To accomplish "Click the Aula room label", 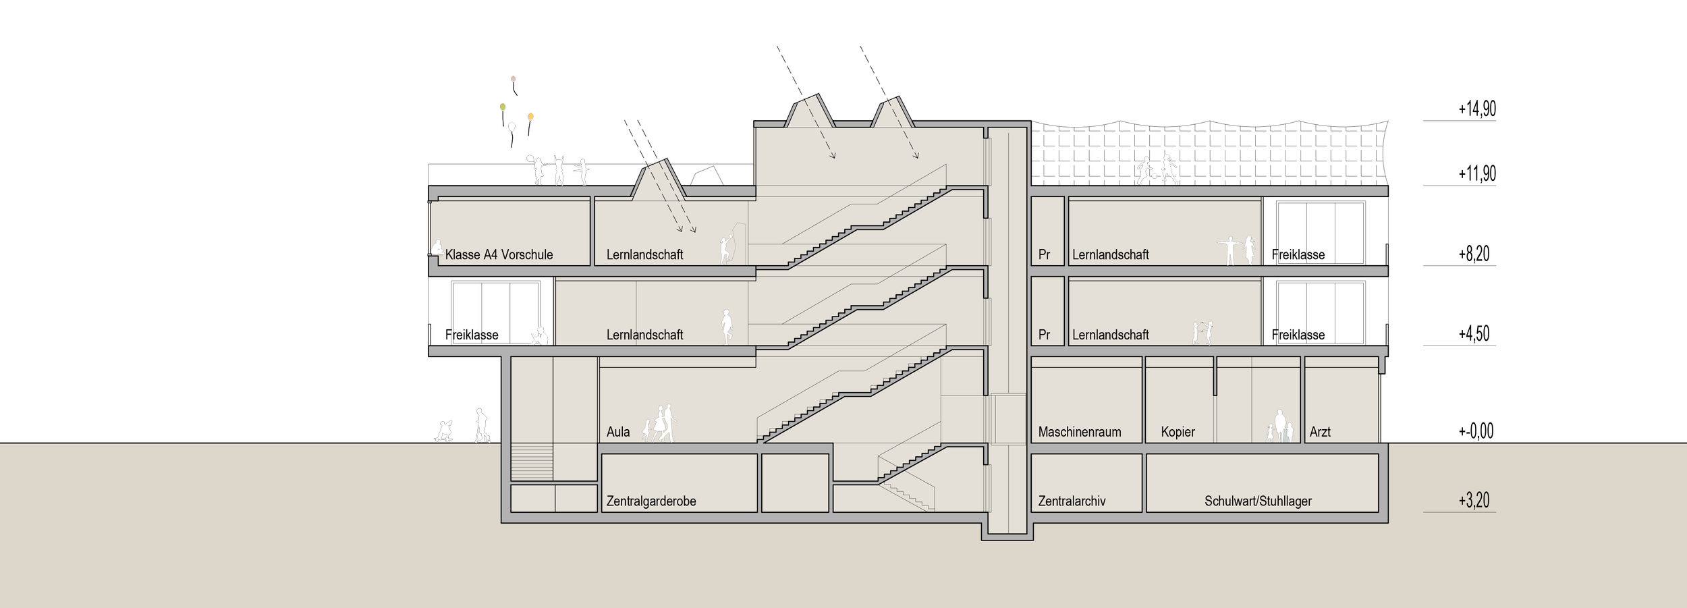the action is click(x=617, y=432).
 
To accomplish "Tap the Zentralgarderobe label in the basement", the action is click(x=651, y=501).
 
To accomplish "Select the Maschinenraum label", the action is click(x=1079, y=432).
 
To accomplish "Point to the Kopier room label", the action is click(x=1178, y=432).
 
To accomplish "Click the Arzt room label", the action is click(x=1319, y=432).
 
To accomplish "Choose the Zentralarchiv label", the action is click(x=1072, y=501).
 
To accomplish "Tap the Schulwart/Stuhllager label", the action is click(x=1258, y=501).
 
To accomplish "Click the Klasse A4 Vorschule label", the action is click(x=499, y=255).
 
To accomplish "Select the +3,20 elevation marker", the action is click(x=1473, y=501).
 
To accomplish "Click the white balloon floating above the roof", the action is click(x=511, y=126).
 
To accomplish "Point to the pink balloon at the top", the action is click(x=514, y=80).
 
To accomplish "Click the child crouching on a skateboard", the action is click(x=444, y=431).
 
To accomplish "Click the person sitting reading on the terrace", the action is click(x=539, y=336).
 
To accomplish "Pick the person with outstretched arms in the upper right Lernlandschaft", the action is click(x=1229, y=250).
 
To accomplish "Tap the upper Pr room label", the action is click(x=1044, y=255).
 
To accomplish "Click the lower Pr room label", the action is click(x=1044, y=335).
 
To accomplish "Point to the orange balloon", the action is click(x=530, y=117).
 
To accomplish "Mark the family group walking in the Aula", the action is click(x=660, y=424).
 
